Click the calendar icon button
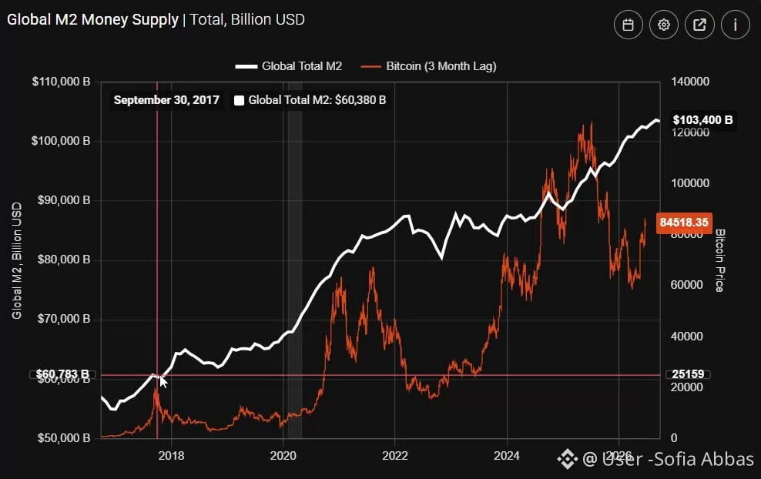point(628,25)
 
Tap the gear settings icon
point(663,25)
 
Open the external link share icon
point(699,25)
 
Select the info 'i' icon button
point(736,25)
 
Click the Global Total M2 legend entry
point(289,66)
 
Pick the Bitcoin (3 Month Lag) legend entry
point(428,66)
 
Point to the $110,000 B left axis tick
point(61,82)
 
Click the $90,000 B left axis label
point(64,200)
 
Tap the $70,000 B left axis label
point(64,319)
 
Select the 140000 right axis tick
point(690,82)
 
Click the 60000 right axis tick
point(687,285)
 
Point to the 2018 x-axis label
point(171,456)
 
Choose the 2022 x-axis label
point(395,456)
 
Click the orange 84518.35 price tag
point(684,223)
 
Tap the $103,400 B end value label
point(702,120)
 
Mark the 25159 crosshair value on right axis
point(688,374)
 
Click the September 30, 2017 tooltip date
point(166,100)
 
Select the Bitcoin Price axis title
point(720,260)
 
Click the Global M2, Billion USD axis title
point(17,260)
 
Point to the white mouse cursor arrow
point(163,382)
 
